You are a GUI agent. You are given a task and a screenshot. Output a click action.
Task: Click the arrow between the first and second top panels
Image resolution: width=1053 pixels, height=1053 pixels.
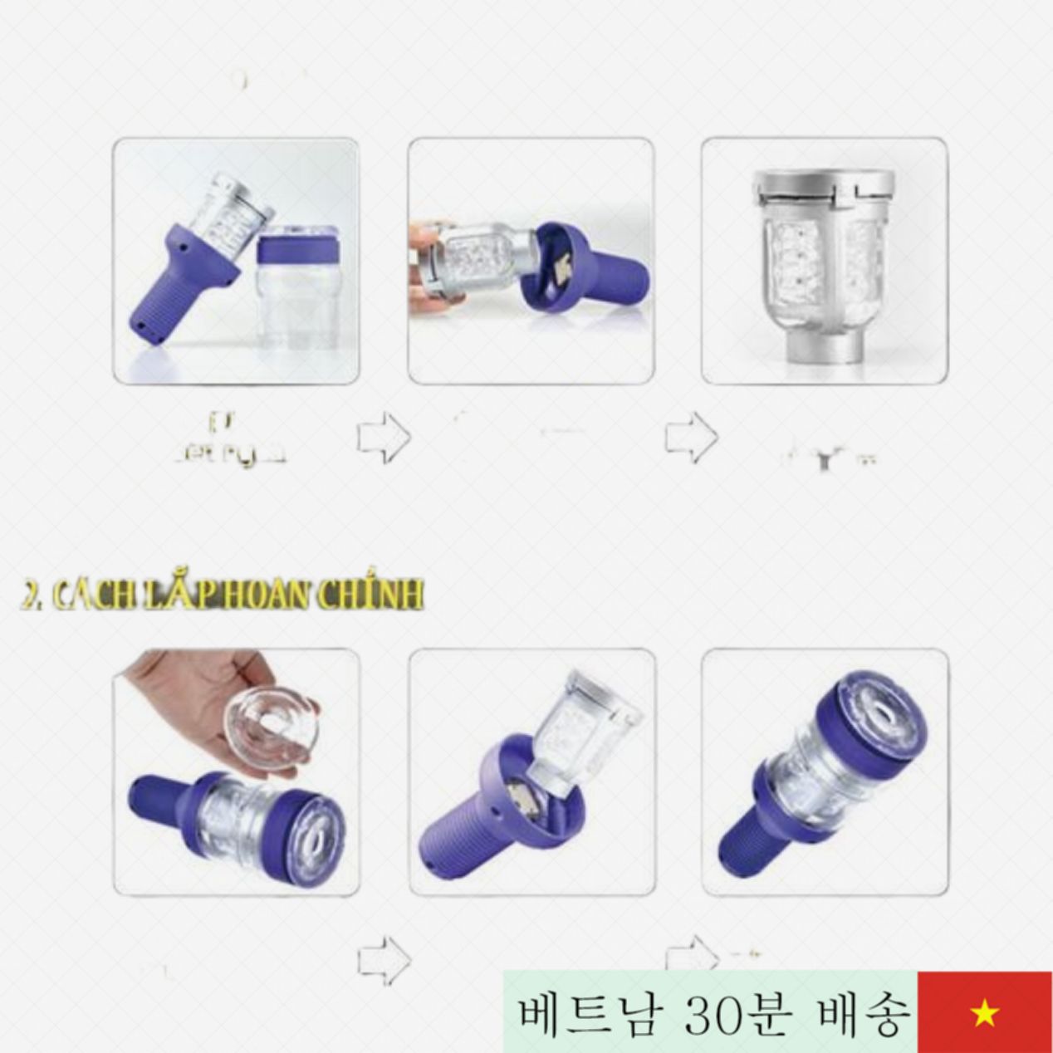pyautogui.click(x=384, y=438)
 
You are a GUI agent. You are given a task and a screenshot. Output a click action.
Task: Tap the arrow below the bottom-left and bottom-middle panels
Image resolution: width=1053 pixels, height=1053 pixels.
pyautogui.click(x=384, y=957)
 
